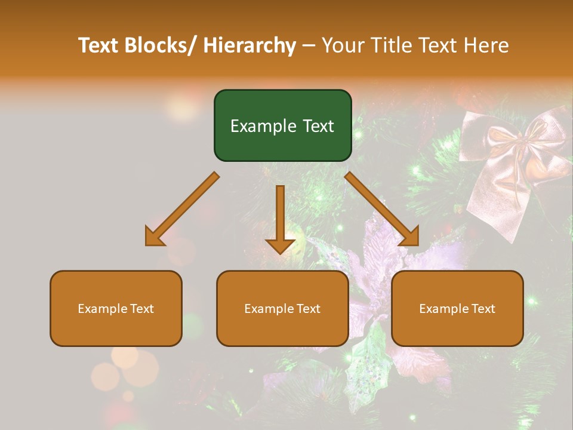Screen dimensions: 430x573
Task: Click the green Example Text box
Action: coord(282,125)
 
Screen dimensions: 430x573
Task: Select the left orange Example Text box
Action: coord(116,308)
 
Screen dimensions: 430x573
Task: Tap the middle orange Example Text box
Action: coord(282,308)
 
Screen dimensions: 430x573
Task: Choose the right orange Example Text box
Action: coord(457,308)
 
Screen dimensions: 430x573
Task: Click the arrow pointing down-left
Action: coord(181,209)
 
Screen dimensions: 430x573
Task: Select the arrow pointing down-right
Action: coord(382,209)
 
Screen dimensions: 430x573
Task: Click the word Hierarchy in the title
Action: coord(249,45)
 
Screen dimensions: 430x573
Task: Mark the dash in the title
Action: coord(308,45)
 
